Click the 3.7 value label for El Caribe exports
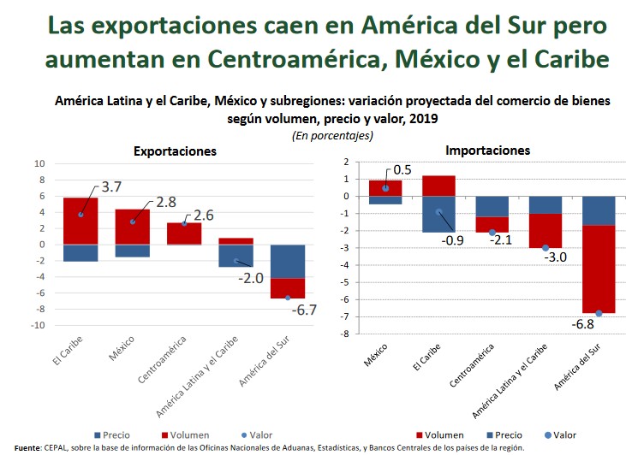tap(111, 186)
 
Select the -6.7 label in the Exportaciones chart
tap(304, 310)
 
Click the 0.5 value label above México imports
tap(402, 170)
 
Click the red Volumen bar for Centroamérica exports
tap(184, 233)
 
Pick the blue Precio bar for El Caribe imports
tap(438, 214)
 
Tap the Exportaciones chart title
tap(175, 151)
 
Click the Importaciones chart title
tap(487, 151)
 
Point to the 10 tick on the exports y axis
tap(39, 163)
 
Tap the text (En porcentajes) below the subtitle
tap(332, 135)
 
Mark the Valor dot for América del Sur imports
tap(599, 313)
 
